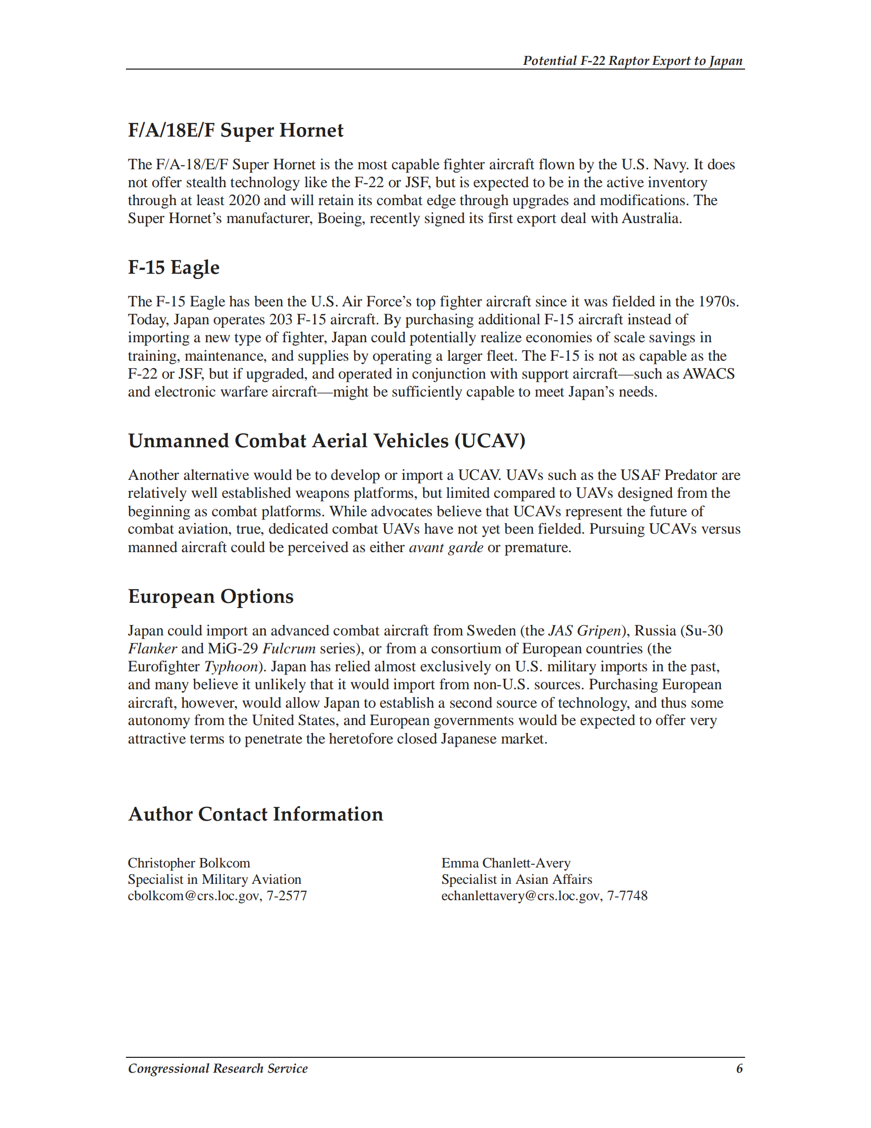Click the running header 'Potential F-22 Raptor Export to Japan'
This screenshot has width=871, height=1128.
[632, 61]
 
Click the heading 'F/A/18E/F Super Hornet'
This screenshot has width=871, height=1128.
[236, 130]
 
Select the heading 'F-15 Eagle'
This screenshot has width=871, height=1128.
[173, 267]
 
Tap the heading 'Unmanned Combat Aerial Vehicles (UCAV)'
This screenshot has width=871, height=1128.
[327, 441]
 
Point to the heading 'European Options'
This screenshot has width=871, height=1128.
[211, 596]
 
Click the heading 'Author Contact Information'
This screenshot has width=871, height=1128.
[256, 814]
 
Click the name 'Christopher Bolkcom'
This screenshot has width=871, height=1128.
[189, 863]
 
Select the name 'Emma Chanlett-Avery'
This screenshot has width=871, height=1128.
[506, 863]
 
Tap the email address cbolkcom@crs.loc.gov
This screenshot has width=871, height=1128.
[194, 895]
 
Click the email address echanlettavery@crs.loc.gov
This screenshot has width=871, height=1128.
[521, 895]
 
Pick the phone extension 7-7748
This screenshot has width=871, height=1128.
[628, 895]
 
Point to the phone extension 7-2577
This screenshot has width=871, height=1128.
[287, 895]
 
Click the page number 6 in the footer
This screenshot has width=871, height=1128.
[739, 1068]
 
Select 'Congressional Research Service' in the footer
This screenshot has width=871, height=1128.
[218, 1068]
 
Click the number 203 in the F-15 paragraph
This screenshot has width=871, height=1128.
[281, 320]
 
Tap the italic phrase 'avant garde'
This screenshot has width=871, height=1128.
[446, 547]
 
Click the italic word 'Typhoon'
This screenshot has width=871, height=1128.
[231, 667]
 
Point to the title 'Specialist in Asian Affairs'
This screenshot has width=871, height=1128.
[516, 879]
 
